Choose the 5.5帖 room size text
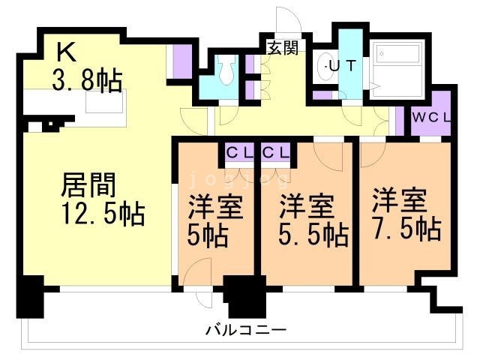(x=313, y=235)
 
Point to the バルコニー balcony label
(x=245, y=330)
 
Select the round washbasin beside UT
(x=326, y=64)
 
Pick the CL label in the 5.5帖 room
(x=275, y=151)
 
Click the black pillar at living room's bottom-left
(x=31, y=297)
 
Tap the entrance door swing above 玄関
(x=288, y=20)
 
